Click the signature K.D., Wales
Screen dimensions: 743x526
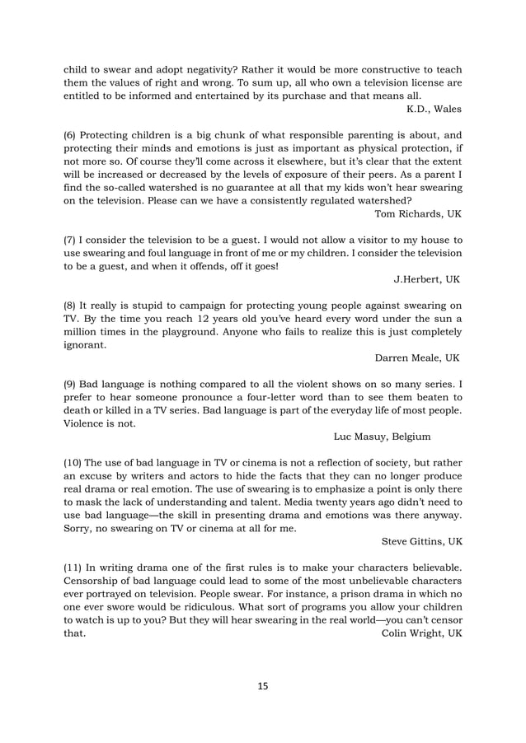coord(434,109)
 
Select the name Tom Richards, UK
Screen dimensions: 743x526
coord(418,214)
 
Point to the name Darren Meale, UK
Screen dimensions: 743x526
coord(417,359)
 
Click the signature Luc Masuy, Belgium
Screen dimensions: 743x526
coord(382,436)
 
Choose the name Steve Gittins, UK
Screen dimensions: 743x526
coord(423,541)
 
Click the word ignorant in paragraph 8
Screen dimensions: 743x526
coord(85,346)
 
